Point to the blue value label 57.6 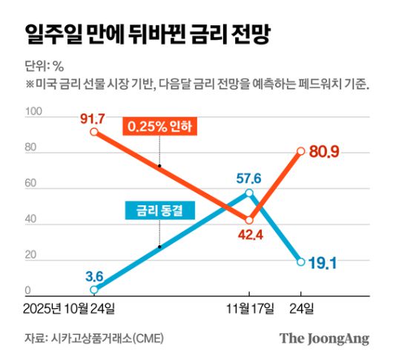pyautogui.click(x=250, y=178)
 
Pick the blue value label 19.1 pyautogui.click(x=323, y=261)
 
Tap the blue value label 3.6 pyautogui.click(x=94, y=277)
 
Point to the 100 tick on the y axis pyautogui.click(x=33, y=113)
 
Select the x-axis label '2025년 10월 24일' pyautogui.click(x=74, y=307)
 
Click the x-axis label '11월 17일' pyautogui.click(x=250, y=307)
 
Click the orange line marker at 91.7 pyautogui.click(x=94, y=132)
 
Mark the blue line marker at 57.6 pyautogui.click(x=250, y=193)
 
